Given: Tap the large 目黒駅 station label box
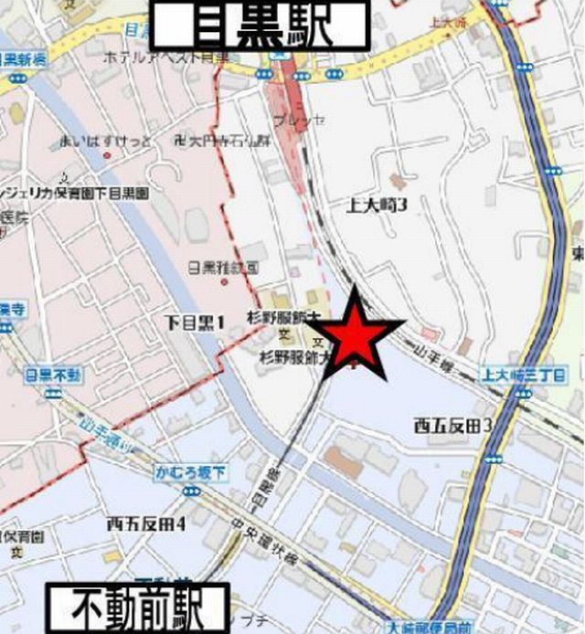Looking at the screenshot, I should click(260, 26).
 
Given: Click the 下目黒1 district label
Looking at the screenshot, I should click(195, 321).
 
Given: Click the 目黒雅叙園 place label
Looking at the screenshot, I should click(224, 268).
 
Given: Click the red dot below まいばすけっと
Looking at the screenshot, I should click(107, 155).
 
